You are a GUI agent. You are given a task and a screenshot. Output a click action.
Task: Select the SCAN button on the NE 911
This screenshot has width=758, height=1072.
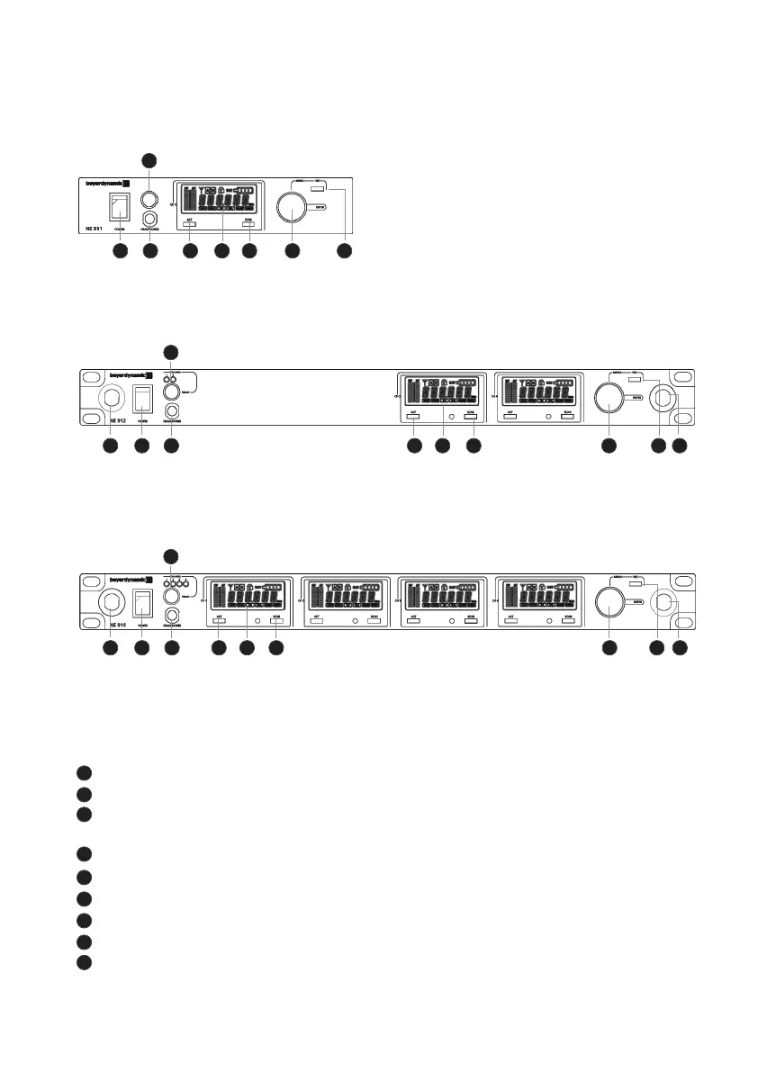point(248,224)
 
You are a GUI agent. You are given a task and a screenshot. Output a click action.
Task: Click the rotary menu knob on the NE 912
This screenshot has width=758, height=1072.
point(609,396)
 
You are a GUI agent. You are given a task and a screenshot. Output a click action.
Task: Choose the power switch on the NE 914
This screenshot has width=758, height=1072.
point(141,601)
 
